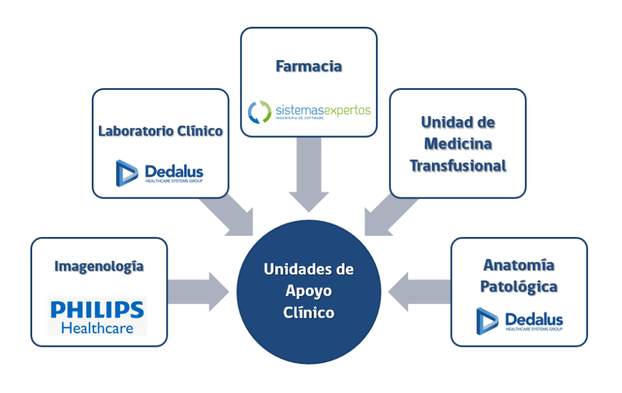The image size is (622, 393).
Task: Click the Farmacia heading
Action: tap(309, 66)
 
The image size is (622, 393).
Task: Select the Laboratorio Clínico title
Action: tap(160, 131)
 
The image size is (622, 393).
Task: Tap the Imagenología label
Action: tap(99, 266)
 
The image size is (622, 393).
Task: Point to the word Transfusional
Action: tap(457, 166)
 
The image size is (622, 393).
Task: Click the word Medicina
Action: tap(457, 144)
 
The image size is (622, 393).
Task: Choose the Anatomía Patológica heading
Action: tap(519, 276)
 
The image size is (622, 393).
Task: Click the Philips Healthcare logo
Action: tap(97, 316)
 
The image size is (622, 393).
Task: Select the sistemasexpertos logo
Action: tap(309, 111)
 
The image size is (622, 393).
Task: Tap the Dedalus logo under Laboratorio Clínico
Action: tap(160, 172)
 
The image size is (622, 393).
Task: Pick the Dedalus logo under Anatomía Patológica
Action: tap(519, 320)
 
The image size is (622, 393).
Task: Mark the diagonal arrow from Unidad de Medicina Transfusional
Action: tap(389, 216)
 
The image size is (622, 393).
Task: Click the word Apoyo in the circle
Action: tap(309, 291)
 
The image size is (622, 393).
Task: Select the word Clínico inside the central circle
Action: tap(309, 313)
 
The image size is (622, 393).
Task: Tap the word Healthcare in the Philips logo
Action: tap(97, 328)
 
